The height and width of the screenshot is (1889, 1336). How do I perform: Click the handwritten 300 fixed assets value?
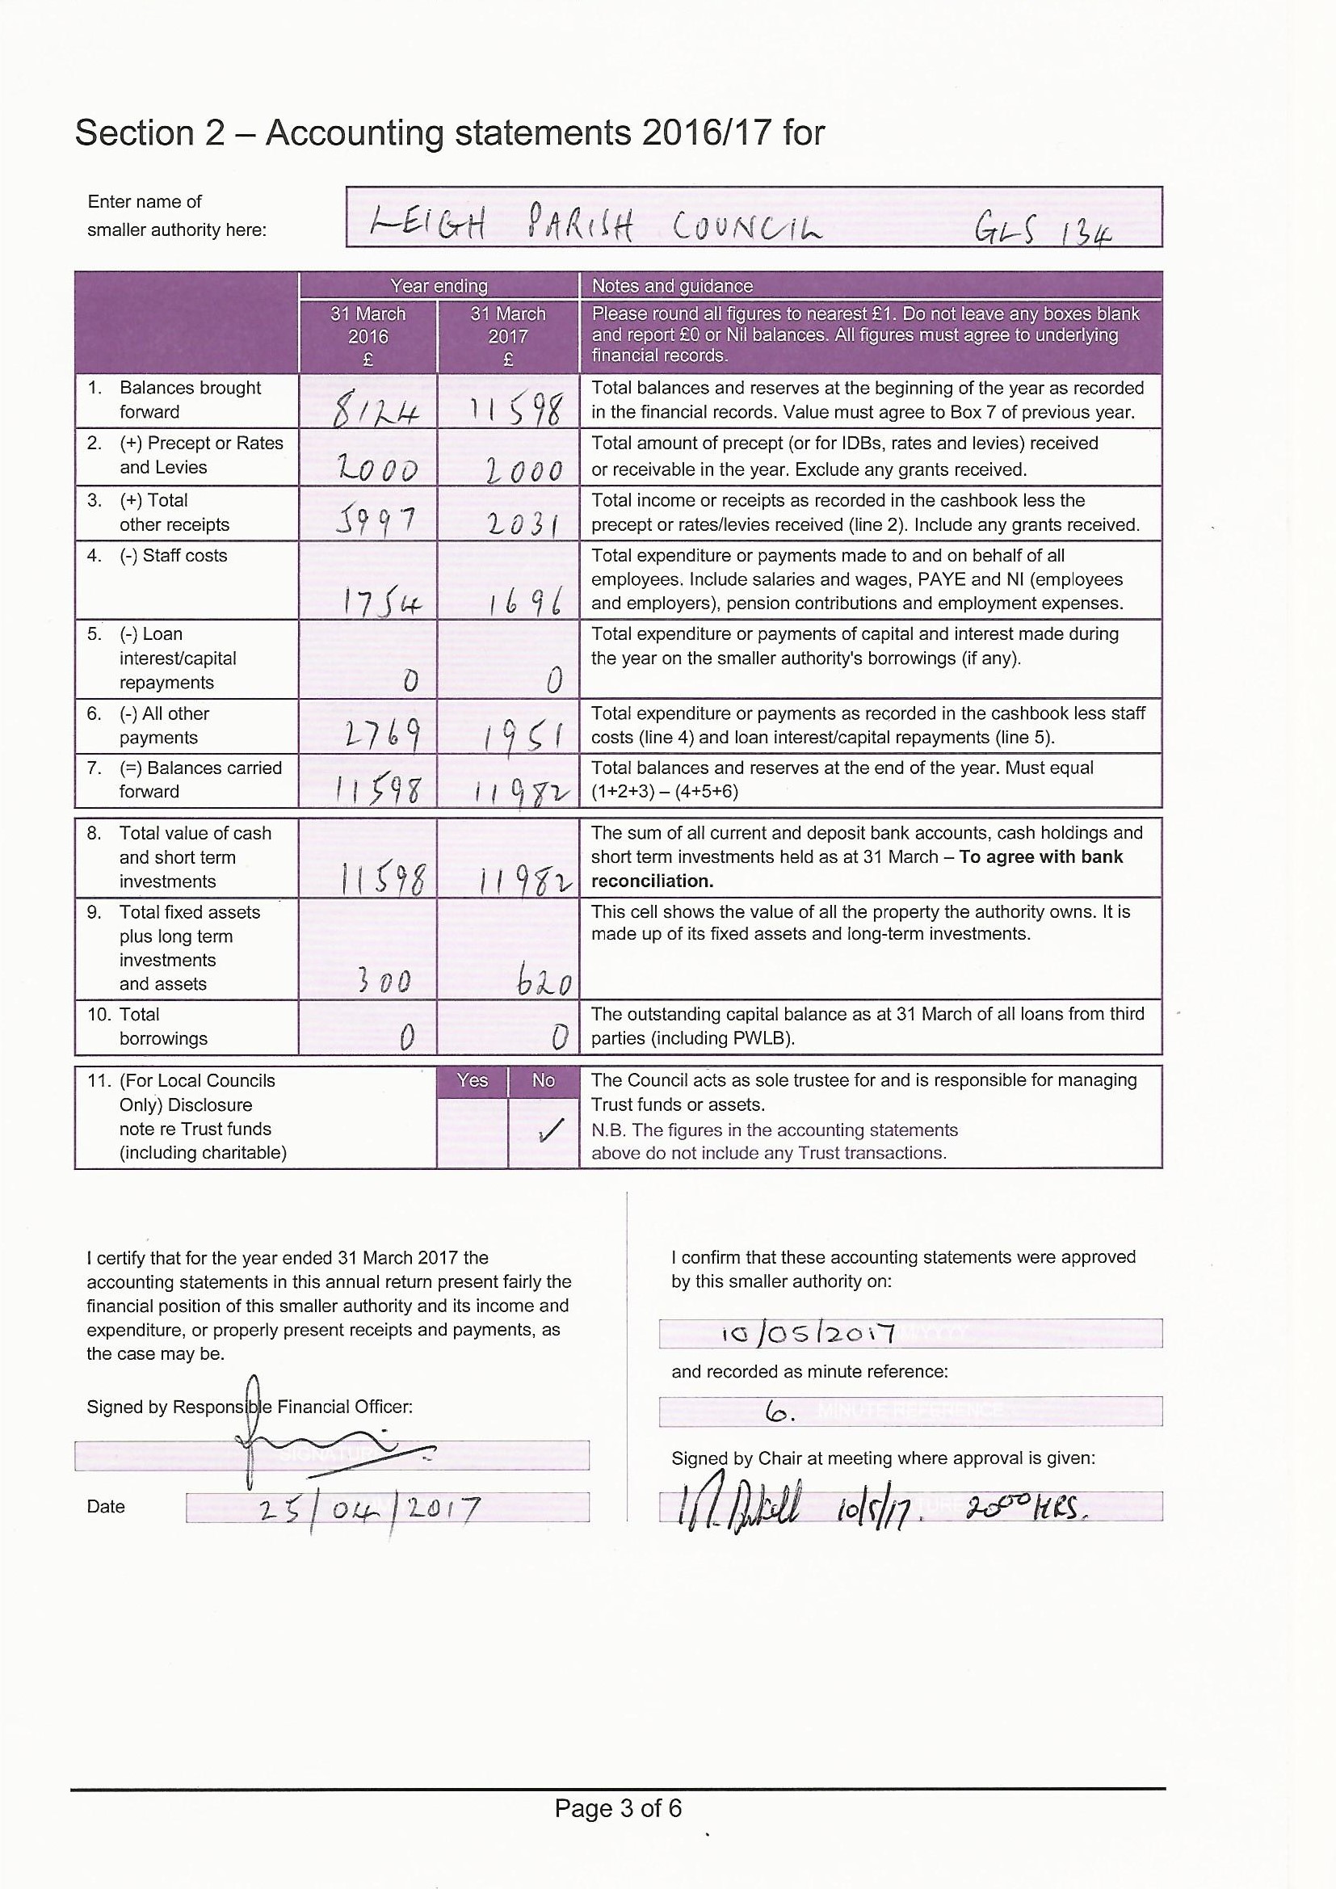tap(383, 982)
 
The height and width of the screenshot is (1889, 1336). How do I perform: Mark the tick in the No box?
tap(544, 1133)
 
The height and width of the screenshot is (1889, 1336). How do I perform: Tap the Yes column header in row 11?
tap(473, 1080)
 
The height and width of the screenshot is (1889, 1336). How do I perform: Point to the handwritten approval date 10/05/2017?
tap(807, 1332)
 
